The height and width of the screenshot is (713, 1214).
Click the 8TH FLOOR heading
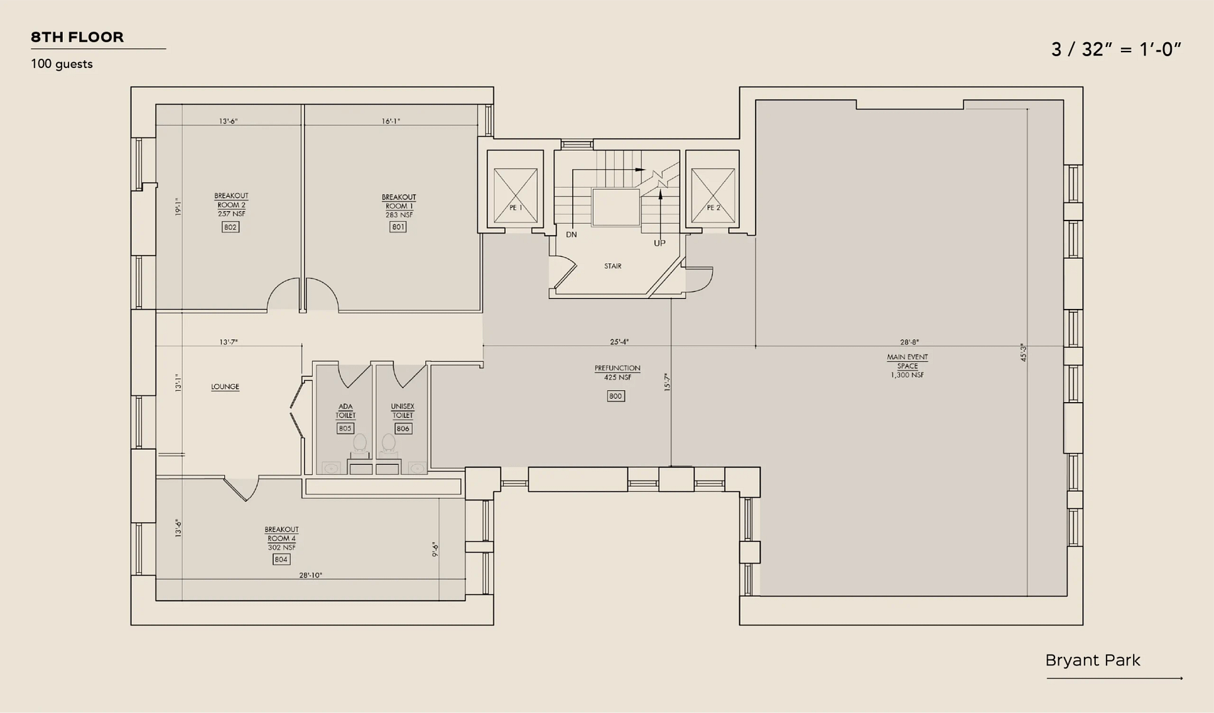coord(77,37)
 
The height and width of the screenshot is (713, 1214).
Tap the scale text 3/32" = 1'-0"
coord(1116,50)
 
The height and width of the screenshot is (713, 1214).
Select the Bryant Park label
coord(1093,660)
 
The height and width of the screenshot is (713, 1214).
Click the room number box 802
coord(230,227)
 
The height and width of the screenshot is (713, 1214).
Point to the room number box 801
coord(398,227)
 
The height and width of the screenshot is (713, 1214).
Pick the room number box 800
coord(616,396)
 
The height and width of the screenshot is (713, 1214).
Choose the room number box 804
coord(281,559)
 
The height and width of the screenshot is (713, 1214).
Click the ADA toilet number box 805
coord(345,428)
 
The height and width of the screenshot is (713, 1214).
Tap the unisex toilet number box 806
coord(403,428)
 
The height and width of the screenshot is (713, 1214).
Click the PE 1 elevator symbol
coord(515,195)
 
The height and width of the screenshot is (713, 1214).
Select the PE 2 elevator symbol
coord(713,195)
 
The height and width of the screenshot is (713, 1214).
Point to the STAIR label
coord(613,266)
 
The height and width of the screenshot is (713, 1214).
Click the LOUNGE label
coord(225,387)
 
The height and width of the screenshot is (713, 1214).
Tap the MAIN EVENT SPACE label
coord(907,366)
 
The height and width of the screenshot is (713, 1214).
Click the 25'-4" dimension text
coord(619,342)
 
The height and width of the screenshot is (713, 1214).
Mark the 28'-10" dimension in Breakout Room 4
coord(310,575)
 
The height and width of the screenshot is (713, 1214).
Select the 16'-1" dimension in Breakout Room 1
coord(391,121)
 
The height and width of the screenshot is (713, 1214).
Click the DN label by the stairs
coord(571,234)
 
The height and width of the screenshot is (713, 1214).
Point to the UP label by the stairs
coord(660,243)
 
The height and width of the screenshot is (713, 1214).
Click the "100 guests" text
coord(62,64)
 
